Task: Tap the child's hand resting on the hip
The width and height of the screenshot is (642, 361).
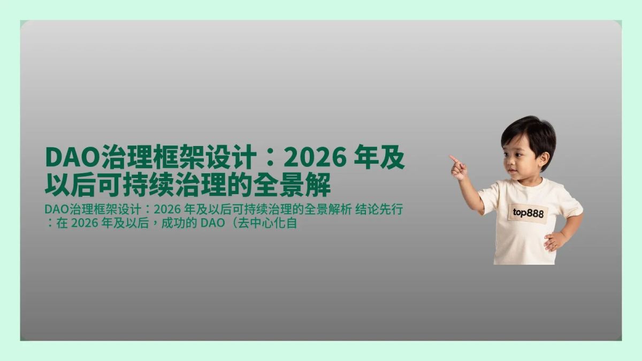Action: click(553, 242)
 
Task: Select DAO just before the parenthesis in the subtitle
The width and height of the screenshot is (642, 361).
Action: click(211, 223)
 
